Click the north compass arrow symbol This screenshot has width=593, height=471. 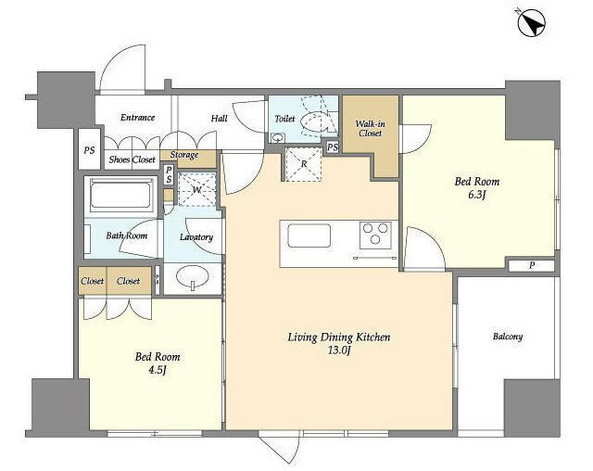[531, 22]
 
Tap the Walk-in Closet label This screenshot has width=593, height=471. [371, 128]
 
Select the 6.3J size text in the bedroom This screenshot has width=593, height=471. [476, 195]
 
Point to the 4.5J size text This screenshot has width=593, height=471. [158, 370]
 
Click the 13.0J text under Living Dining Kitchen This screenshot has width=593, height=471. [339, 350]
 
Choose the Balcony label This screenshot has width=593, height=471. [508, 337]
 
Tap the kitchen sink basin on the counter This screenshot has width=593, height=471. [309, 235]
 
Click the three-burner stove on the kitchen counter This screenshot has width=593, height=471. [375, 235]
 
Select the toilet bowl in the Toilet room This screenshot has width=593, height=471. [314, 121]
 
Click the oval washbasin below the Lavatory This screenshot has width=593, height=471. [192, 276]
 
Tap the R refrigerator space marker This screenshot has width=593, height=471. [304, 164]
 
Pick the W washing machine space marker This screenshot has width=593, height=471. [196, 189]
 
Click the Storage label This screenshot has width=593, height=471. [184, 155]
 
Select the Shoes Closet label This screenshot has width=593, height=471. [132, 159]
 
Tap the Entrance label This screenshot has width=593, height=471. [138, 118]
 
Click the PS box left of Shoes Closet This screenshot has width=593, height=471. [89, 149]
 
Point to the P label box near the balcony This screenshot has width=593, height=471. [531, 265]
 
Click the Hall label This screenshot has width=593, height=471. [219, 119]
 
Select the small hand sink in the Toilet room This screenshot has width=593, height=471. [278, 137]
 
